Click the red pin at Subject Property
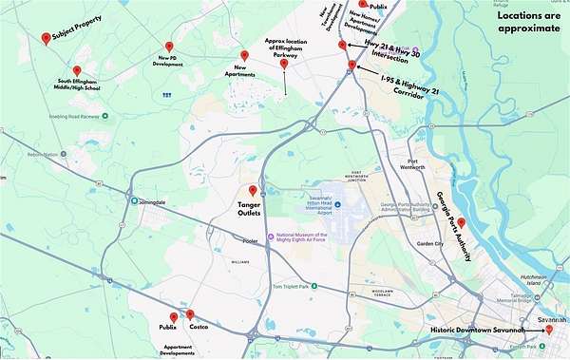coord(46,38)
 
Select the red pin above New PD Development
coord(169,46)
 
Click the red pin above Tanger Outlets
coord(253,190)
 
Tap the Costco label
coord(199,328)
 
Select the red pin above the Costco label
coord(191,314)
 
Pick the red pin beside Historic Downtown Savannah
coord(549,330)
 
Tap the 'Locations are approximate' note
coord(529,23)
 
